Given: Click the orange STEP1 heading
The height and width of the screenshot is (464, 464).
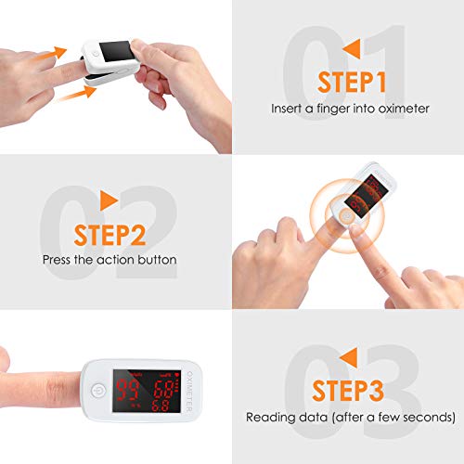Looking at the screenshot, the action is pyautogui.click(x=352, y=82).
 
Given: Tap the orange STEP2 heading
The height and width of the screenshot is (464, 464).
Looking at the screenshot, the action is pyautogui.click(x=110, y=235).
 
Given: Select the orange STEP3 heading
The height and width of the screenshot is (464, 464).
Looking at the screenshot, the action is pyautogui.click(x=348, y=391).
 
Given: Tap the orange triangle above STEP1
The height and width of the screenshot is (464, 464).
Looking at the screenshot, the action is pyautogui.click(x=353, y=48).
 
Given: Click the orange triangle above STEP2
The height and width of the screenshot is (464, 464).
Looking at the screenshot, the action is pyautogui.click(x=108, y=200).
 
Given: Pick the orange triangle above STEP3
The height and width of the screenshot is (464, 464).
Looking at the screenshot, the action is pyautogui.click(x=349, y=357).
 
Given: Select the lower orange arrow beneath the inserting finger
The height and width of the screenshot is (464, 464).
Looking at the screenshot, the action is pyautogui.click(x=77, y=93).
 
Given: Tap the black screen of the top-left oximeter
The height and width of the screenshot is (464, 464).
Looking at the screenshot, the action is pyautogui.click(x=117, y=51).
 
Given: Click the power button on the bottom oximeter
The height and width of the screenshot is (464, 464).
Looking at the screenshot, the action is pyautogui.click(x=98, y=391).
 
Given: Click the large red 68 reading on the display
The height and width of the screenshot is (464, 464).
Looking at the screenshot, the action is pyautogui.click(x=163, y=389).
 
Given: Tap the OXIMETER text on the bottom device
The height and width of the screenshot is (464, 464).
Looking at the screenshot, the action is pyautogui.click(x=189, y=392).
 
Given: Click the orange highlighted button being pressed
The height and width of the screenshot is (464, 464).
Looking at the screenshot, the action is pyautogui.click(x=346, y=215).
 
